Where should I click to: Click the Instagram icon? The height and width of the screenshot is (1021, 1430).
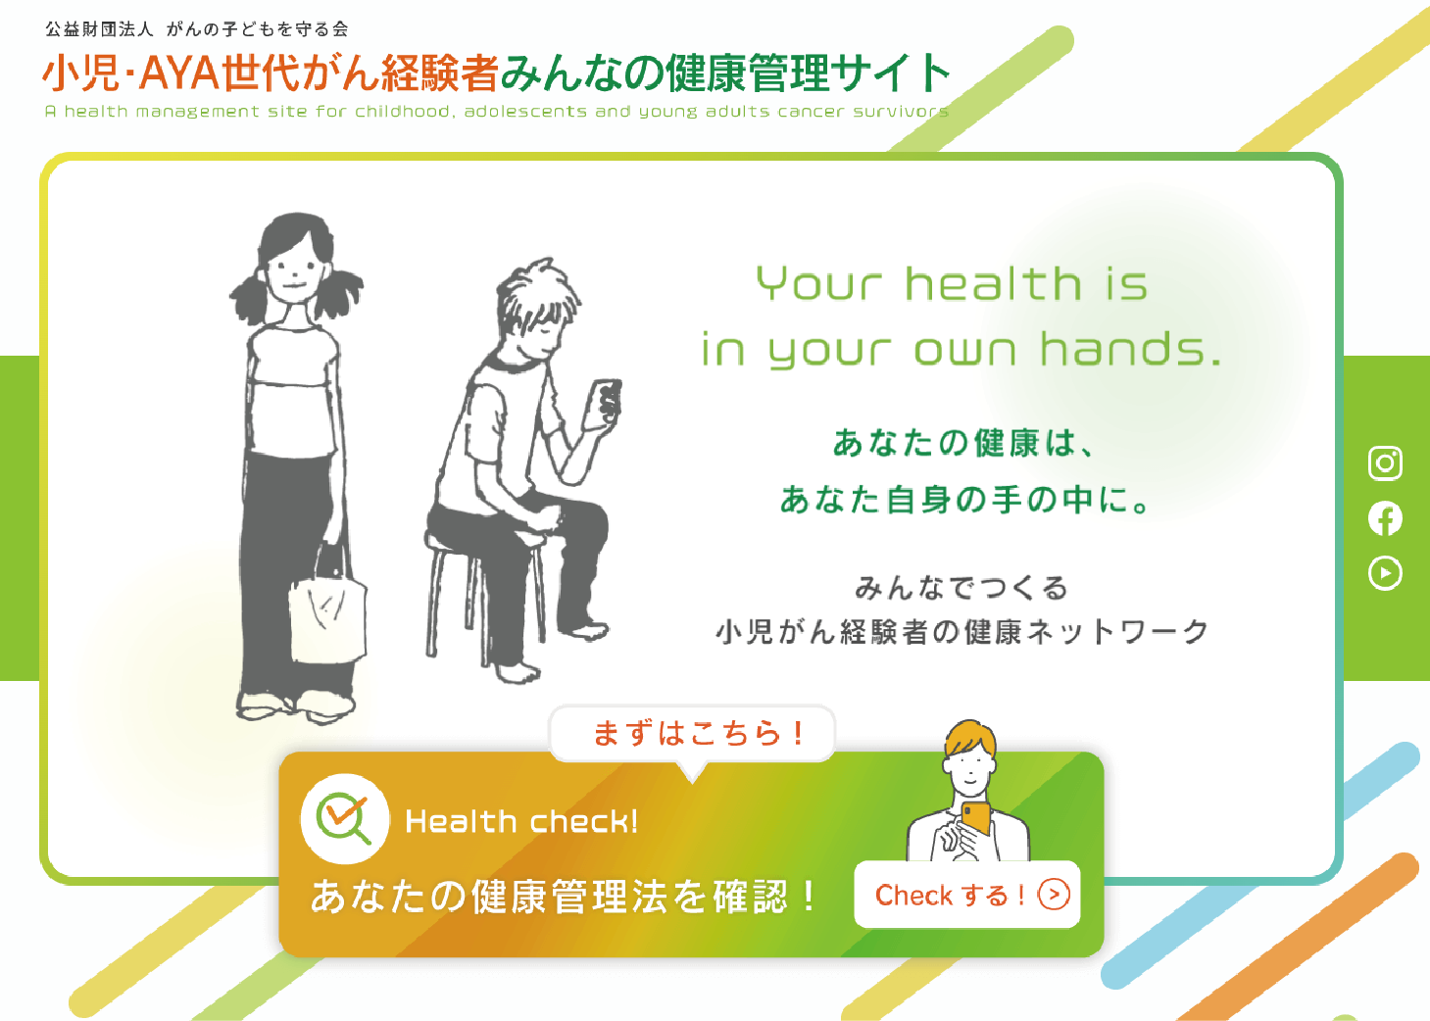tap(1385, 462)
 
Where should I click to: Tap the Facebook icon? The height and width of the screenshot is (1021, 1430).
tap(1385, 518)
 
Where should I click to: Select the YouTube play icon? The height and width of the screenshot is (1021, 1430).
tap(1385, 573)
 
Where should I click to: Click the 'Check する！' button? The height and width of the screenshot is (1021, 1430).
tap(966, 895)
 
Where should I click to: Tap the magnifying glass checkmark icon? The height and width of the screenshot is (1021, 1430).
tap(345, 819)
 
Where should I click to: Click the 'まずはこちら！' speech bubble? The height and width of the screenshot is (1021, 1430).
tap(693, 734)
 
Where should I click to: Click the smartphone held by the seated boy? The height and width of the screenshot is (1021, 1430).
tap(604, 402)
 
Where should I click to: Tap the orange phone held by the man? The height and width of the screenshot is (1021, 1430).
tap(975, 819)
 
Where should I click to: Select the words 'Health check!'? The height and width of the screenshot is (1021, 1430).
tap(521, 821)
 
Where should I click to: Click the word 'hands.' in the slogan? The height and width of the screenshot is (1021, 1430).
tap(1130, 349)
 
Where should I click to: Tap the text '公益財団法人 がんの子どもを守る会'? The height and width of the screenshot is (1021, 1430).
tap(197, 28)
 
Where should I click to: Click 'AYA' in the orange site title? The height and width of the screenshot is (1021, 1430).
tap(179, 73)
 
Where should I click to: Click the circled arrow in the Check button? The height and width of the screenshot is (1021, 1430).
tap(1054, 895)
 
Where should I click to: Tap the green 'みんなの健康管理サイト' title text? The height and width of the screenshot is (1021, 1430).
tap(726, 73)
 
